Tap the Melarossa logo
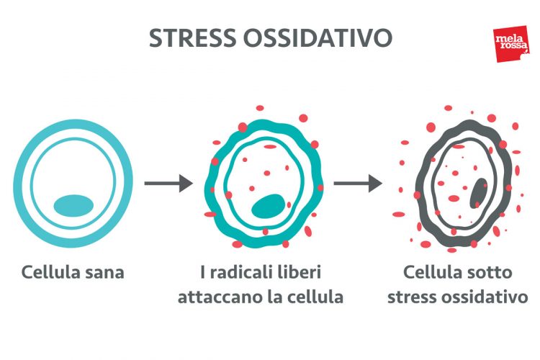[x=510, y=45]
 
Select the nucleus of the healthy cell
[x=73, y=204]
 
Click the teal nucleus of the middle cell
[x=267, y=206]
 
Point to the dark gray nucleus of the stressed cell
[x=477, y=193]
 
